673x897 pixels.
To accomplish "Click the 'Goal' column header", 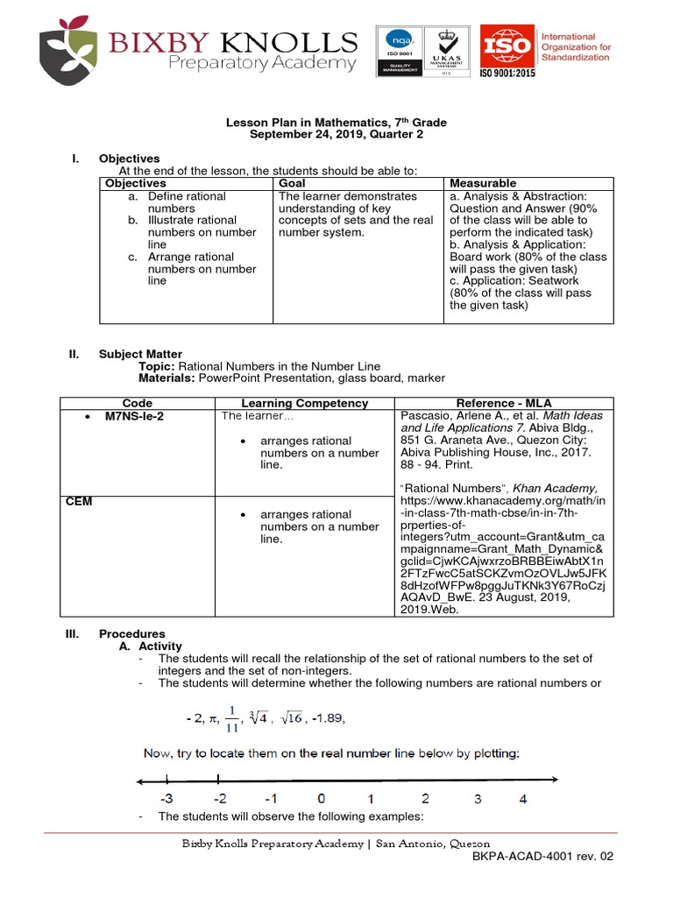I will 292,183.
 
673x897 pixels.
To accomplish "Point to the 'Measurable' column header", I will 483,183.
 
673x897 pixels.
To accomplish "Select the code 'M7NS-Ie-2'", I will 134,416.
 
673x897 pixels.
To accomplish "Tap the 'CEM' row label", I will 79,501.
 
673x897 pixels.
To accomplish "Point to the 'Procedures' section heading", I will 131,633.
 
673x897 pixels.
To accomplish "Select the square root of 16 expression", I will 291,718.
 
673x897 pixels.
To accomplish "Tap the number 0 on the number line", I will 322,798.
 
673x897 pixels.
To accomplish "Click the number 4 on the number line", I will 522,798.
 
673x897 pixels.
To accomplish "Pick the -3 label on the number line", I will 166,798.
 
